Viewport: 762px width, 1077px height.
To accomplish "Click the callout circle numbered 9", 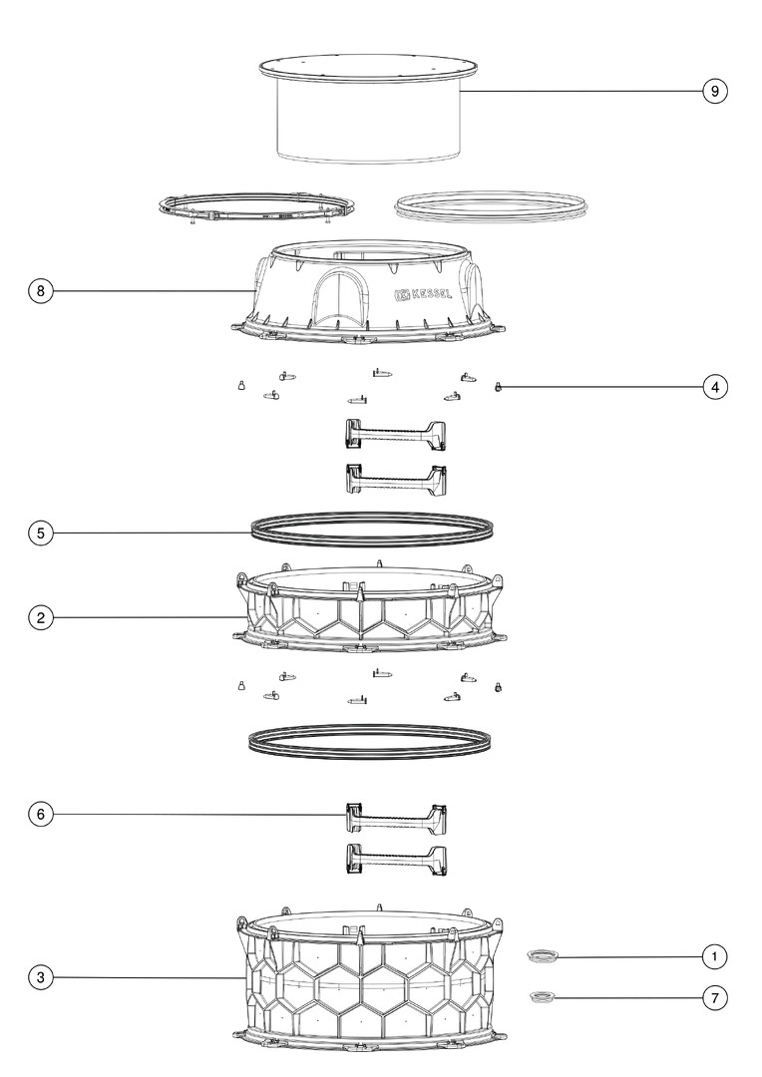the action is click(x=714, y=91).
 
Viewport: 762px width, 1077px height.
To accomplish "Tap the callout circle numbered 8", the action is click(x=41, y=290).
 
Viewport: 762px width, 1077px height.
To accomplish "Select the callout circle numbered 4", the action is click(x=714, y=387).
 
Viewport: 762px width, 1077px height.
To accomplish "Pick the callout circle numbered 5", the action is click(x=41, y=533).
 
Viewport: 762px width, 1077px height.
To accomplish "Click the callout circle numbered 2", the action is click(x=41, y=617).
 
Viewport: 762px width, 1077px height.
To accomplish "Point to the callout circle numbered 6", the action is click(x=41, y=815).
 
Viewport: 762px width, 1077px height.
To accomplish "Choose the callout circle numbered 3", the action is click(x=41, y=977).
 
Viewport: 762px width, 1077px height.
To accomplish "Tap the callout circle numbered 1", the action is click(x=714, y=956).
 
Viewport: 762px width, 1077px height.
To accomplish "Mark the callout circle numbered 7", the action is click(x=714, y=997).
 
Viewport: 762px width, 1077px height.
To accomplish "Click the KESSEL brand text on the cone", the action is click(x=432, y=294).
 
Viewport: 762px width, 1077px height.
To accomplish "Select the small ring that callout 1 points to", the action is click(x=543, y=955).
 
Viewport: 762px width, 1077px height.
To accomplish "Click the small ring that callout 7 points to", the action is click(x=543, y=996).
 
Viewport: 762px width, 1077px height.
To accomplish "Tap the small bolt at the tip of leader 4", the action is click(x=499, y=387).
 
